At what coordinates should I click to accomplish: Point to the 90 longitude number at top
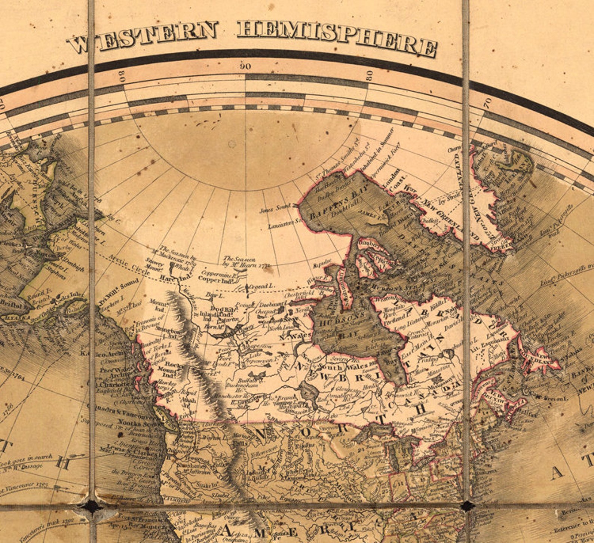pyautogui.click(x=245, y=67)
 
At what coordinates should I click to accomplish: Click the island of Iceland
pyautogui.click(x=518, y=159)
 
